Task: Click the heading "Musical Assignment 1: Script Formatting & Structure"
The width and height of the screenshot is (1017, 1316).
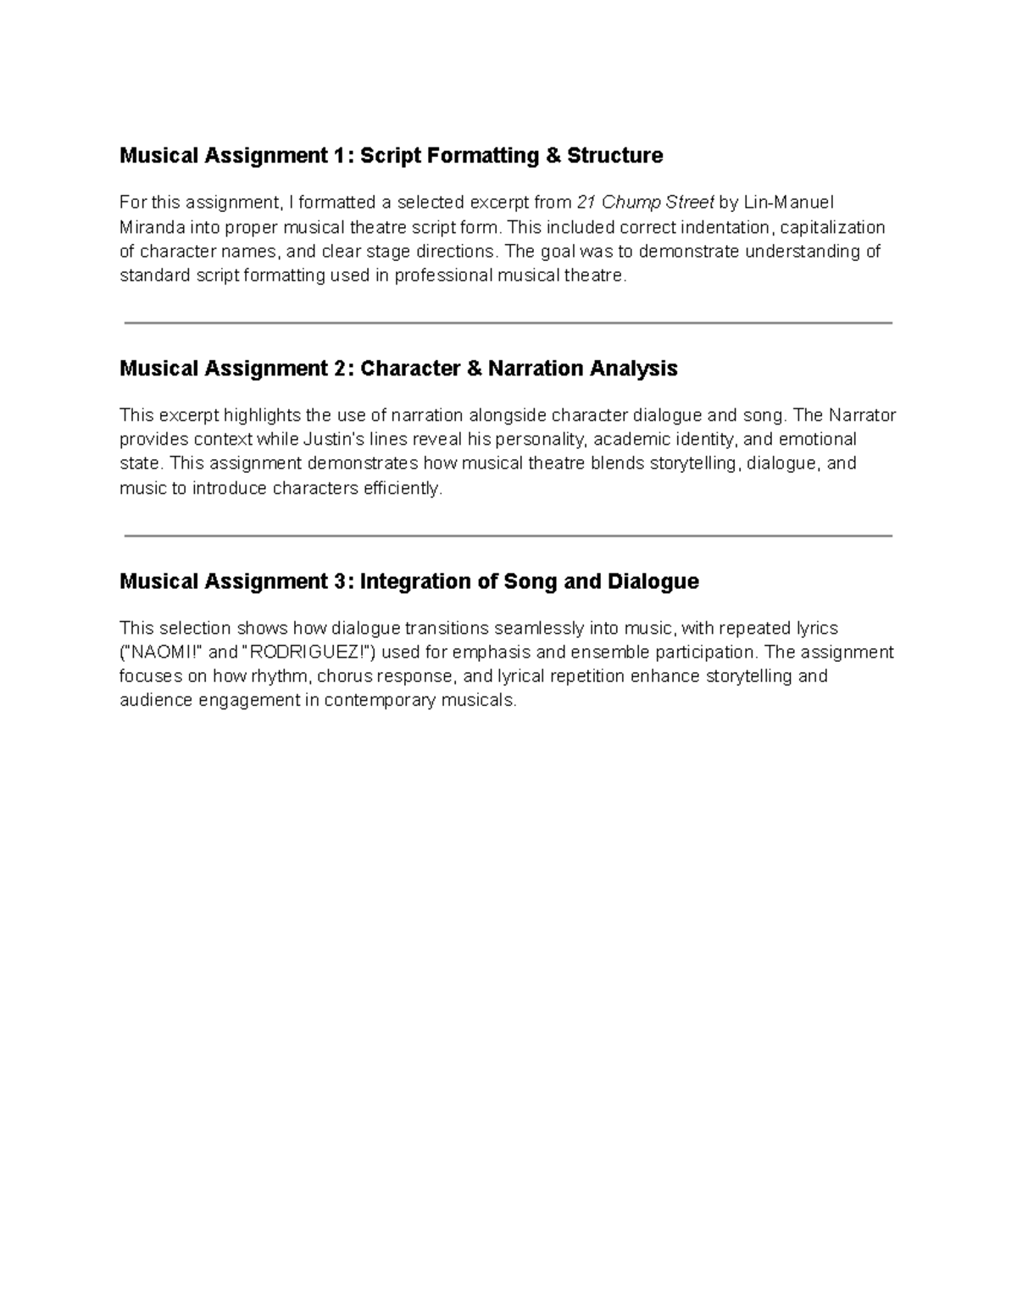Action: pyautogui.click(x=391, y=156)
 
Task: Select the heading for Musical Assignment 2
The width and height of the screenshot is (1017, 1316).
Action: pyautogui.click(x=398, y=369)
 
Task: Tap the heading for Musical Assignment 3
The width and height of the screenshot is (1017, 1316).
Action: pyautogui.click(x=408, y=581)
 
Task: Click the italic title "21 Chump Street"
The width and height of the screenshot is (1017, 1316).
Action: pyautogui.click(x=645, y=203)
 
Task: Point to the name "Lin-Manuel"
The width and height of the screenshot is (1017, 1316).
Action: pyautogui.click(x=788, y=203)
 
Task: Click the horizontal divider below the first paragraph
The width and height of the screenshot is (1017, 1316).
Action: pyautogui.click(x=508, y=323)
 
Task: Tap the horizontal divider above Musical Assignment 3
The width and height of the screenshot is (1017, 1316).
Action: pyautogui.click(x=508, y=536)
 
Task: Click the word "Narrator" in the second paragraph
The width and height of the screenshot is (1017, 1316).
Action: pyautogui.click(x=862, y=415)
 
